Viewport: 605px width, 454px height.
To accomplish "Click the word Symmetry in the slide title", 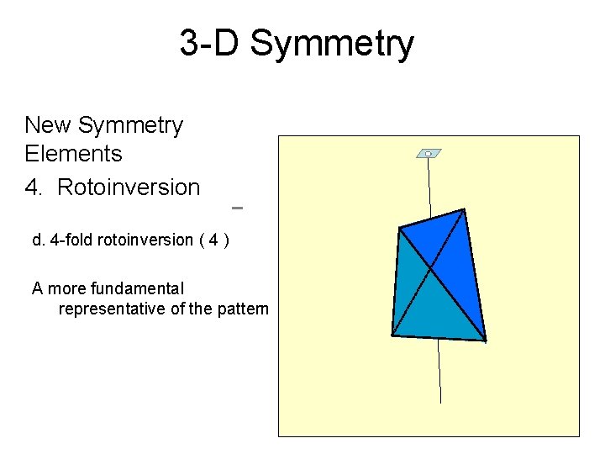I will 332,44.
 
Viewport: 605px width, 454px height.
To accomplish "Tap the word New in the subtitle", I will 49,125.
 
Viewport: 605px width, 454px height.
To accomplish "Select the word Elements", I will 74,154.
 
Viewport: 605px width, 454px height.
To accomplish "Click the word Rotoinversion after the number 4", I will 129,187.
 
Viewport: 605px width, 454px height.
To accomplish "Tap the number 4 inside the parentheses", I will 214,240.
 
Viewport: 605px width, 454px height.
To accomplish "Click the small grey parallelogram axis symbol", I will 429,154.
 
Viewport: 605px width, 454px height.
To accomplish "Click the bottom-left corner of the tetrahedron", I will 392,335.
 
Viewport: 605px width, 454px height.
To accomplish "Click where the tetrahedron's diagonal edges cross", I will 431,268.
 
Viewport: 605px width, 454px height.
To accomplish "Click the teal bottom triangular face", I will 433,315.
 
